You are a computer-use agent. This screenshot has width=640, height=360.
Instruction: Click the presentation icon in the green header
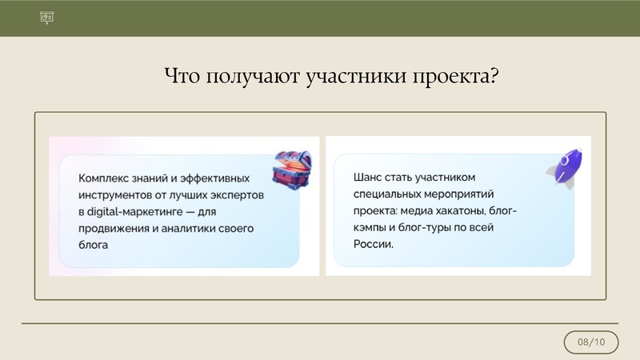click(x=46, y=18)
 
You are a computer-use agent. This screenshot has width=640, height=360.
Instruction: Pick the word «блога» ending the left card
click(x=94, y=246)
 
